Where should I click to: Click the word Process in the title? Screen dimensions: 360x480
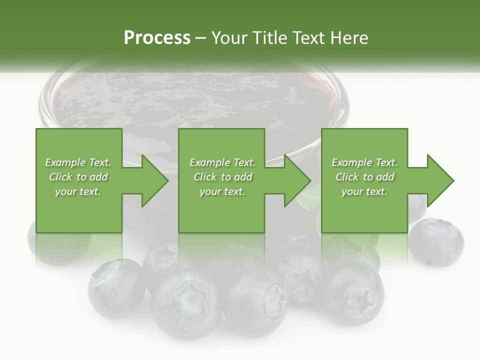pos(157,38)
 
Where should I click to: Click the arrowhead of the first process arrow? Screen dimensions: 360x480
pos(155,180)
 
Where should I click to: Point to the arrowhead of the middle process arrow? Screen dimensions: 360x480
pos(297,180)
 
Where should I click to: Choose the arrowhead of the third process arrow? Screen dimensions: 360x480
pos(440,180)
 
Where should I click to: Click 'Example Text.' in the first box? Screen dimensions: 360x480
pos(78,162)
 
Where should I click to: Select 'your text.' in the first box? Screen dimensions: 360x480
pos(78,191)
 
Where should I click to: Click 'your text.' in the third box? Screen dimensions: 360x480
pos(364,191)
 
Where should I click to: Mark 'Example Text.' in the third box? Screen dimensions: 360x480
pos(364,162)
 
